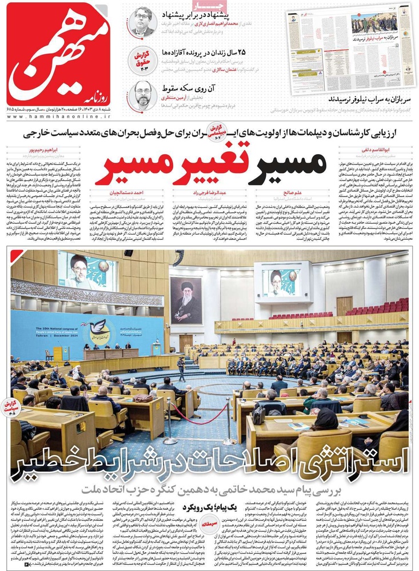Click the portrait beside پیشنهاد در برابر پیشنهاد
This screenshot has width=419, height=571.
point(143,22)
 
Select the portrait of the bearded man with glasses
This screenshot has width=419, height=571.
point(143,95)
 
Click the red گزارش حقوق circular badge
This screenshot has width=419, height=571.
point(140,59)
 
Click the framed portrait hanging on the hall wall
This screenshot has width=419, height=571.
point(186,301)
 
